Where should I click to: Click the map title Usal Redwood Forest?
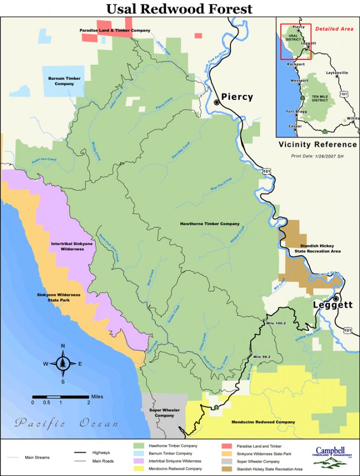coord(180,8)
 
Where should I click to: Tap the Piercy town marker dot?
coord(217,102)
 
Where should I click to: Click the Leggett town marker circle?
coord(336,299)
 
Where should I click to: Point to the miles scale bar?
coord(60,397)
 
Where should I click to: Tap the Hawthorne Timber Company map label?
coord(210,224)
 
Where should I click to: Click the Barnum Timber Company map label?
coord(64,81)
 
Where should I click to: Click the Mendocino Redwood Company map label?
coord(264,422)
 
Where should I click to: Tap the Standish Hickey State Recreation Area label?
coord(317,248)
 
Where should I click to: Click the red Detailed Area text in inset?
coord(334,29)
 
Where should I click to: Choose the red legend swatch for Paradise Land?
coord(228,446)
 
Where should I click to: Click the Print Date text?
coord(317,155)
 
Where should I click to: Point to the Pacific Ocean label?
coord(66,424)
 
